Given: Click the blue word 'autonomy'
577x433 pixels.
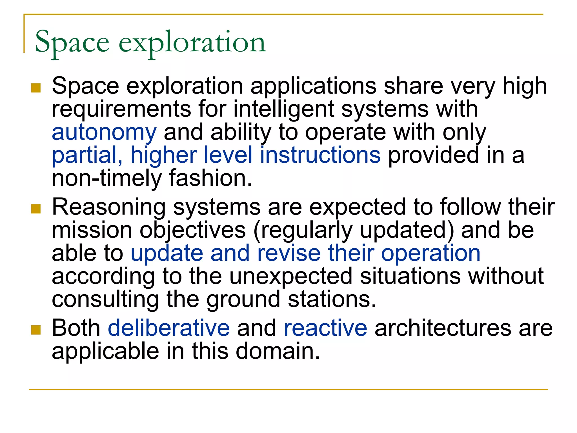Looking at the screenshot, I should tap(104, 132).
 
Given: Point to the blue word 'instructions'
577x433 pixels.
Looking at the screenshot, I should tap(320, 155).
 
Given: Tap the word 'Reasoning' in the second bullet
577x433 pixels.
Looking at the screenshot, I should tap(109, 207).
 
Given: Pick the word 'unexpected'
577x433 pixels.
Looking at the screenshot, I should tap(291, 276).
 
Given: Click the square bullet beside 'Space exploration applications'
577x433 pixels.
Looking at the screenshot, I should tap(36, 88).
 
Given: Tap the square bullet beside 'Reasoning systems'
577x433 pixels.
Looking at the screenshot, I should tap(36, 209).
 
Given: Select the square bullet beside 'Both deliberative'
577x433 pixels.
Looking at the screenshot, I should tap(36, 330).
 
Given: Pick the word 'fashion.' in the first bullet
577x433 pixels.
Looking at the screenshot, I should tap(210, 178).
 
